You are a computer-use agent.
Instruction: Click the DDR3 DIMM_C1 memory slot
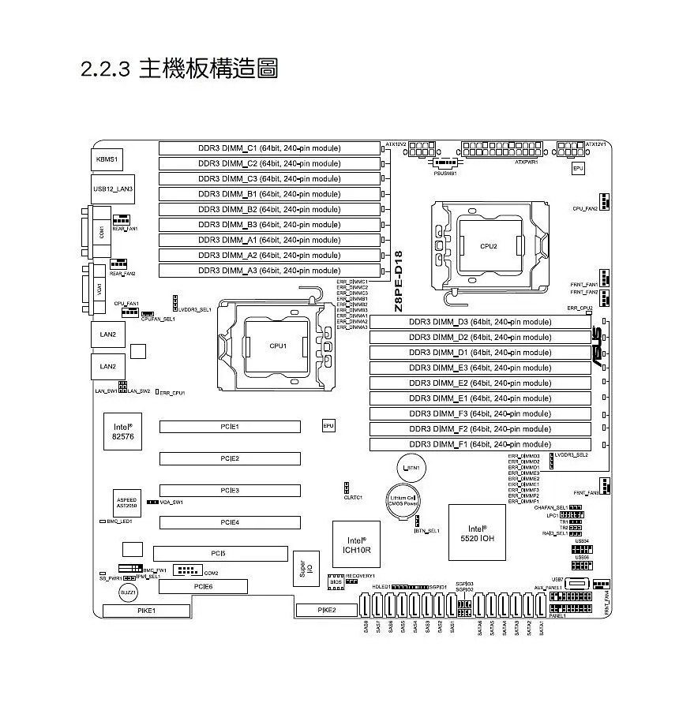tap(269, 148)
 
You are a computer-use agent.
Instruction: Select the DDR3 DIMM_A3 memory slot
tap(269, 271)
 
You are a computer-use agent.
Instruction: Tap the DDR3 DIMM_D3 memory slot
tap(480, 322)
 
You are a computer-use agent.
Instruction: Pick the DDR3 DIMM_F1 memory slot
tap(480, 444)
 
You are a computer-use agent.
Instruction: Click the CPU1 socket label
tap(278, 346)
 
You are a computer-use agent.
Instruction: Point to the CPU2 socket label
tap(489, 246)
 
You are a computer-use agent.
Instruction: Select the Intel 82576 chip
tap(122, 431)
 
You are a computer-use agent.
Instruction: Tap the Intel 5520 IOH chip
tap(476, 533)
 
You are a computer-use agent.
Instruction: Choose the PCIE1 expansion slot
tap(230, 427)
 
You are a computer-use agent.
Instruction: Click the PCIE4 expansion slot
tap(230, 522)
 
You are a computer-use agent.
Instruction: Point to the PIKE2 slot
tap(326, 610)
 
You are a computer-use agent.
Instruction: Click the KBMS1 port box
tap(107, 159)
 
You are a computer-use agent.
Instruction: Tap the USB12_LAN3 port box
tap(113, 189)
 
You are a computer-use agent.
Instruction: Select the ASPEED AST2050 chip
tap(126, 503)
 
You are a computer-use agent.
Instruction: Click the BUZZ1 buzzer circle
tap(128, 592)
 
